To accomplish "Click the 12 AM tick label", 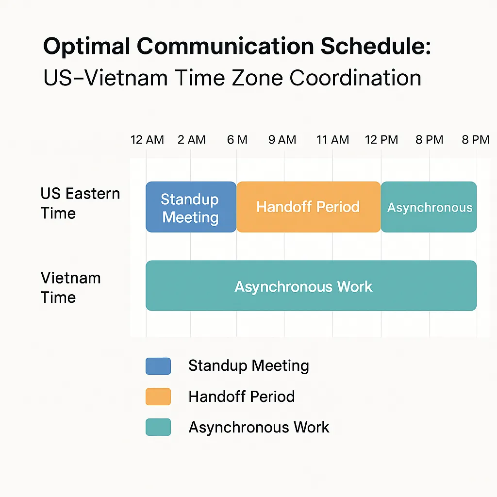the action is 147,139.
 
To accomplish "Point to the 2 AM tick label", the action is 191,139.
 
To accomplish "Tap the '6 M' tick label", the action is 237,139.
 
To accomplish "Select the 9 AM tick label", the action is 282,139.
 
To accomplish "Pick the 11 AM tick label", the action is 332,139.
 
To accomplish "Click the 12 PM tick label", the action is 381,139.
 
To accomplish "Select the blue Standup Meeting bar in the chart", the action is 191,207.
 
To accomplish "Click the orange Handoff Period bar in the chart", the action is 308,207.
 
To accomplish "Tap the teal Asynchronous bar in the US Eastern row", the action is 429,207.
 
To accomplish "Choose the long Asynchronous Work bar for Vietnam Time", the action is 311,285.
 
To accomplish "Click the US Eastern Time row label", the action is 80,203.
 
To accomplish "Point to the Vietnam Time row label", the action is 71,287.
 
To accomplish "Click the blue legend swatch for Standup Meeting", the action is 158,366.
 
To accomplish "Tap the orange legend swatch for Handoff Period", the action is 158,397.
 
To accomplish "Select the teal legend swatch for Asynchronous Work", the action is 158,427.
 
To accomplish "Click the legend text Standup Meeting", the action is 248,366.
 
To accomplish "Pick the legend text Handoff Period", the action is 242,397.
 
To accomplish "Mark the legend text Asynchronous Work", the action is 259,427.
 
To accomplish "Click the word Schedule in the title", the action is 376,46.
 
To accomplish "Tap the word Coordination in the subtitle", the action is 355,78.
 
